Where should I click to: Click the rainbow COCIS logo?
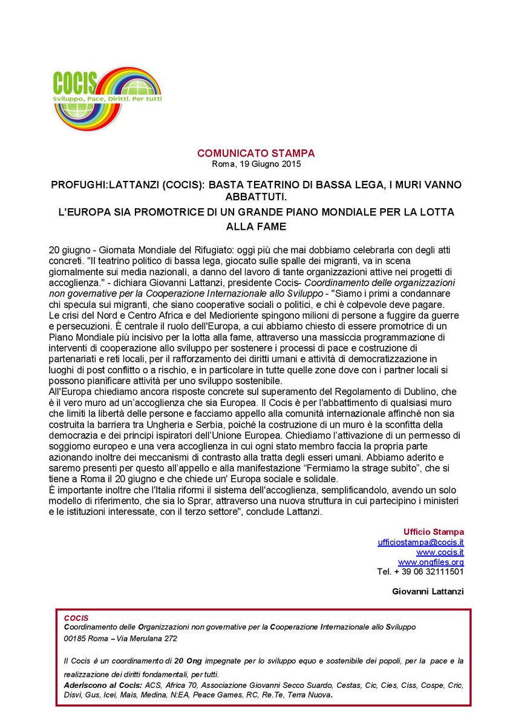click(106, 97)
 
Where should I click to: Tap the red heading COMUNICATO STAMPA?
click(256, 154)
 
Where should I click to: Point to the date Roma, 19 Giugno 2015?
click(256, 164)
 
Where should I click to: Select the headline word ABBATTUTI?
click(256, 196)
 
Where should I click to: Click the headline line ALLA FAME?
click(256, 227)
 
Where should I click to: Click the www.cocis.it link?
click(440, 552)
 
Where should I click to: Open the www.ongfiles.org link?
click(431, 562)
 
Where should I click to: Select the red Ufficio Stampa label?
click(434, 532)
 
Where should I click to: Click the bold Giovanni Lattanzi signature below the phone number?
click(428, 591)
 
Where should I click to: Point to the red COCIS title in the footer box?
click(76, 618)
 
